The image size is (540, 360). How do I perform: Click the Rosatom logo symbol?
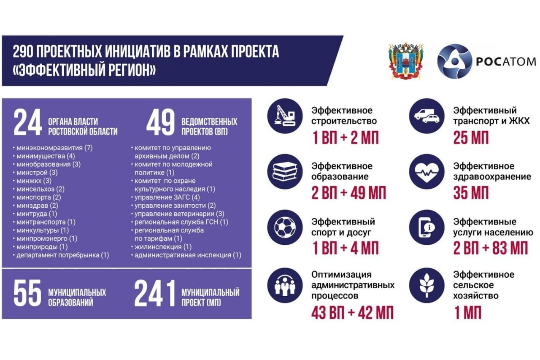tap(454, 61)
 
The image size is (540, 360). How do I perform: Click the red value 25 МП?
tap(471, 138)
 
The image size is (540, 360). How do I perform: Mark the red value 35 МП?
tap(471, 193)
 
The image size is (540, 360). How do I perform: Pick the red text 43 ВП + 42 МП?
tap(352, 313)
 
